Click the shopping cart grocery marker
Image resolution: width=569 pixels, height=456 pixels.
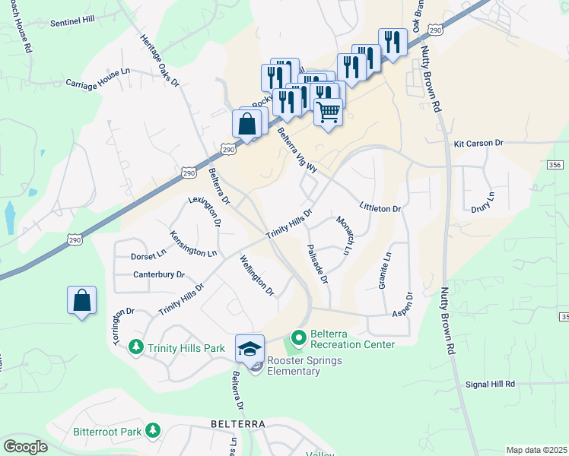pyautogui.click(x=328, y=112)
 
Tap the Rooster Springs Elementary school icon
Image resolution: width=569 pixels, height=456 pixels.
pyautogui.click(x=250, y=349)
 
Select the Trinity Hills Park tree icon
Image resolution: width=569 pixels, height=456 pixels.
pyautogui.click(x=137, y=347)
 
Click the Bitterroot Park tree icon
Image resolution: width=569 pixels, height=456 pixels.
pyautogui.click(x=153, y=431)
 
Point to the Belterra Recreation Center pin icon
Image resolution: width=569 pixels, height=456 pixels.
pyautogui.click(x=298, y=336)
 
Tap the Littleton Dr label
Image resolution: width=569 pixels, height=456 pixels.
pyautogui.click(x=380, y=207)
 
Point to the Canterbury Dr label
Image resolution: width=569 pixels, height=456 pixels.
pyautogui.click(x=159, y=274)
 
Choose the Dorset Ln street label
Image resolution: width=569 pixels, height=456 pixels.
pyautogui.click(x=148, y=255)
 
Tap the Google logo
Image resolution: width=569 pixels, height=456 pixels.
pyautogui.click(x=26, y=447)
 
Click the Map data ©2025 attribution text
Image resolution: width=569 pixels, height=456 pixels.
pyautogui.click(x=536, y=450)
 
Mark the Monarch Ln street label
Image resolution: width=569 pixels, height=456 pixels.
pyautogui.click(x=345, y=235)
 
